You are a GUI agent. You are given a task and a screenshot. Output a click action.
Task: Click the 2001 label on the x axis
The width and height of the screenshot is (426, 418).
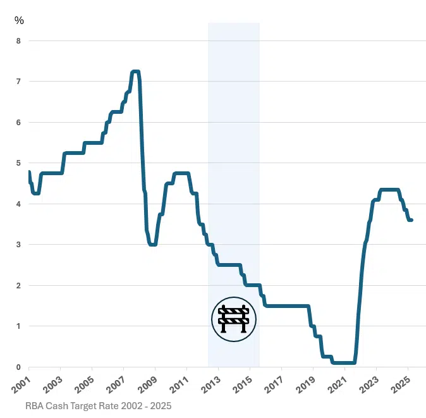pos(21,383)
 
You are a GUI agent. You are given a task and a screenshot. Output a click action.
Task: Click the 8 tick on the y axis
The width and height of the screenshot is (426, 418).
pos(18,41)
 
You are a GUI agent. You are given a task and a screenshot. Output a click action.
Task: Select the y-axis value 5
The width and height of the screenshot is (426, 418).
pos(18,163)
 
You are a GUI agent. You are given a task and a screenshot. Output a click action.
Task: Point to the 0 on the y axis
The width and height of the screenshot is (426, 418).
pos(18,367)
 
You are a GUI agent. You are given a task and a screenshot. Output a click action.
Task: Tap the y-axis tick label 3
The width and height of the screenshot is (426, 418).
pos(18,245)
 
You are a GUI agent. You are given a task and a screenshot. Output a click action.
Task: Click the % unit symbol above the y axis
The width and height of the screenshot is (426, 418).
pos(19,20)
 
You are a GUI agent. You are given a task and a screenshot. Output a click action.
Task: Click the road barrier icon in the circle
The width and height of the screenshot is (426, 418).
pos(234,319)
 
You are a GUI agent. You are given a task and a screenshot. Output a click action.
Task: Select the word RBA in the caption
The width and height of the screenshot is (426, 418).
pos(35,405)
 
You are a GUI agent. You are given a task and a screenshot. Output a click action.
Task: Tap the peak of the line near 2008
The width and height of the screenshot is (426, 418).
pos(135,71)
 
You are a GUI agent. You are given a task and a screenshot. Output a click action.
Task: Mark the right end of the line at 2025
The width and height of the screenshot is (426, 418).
pos(412,220)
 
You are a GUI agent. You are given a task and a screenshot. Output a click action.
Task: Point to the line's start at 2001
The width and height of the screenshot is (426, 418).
pos(29,172)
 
